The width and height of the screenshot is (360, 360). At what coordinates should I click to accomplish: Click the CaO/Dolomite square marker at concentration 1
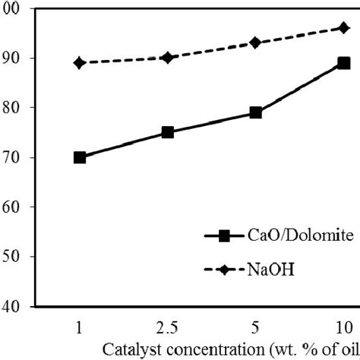80,157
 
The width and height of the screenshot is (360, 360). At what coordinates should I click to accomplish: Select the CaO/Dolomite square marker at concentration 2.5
168,132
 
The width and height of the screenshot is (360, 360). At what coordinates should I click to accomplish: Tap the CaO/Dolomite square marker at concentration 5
256,112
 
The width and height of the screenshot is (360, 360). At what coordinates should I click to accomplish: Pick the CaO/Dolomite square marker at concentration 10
343,63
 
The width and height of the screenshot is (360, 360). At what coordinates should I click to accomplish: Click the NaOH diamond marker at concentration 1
80,62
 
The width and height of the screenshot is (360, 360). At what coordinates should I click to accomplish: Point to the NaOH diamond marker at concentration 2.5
168,58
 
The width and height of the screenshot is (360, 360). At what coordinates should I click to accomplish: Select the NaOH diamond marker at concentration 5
256,43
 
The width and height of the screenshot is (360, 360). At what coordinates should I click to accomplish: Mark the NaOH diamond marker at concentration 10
343,27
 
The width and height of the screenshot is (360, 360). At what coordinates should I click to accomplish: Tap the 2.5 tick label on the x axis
167,327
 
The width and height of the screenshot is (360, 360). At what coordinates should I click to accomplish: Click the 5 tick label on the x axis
256,327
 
